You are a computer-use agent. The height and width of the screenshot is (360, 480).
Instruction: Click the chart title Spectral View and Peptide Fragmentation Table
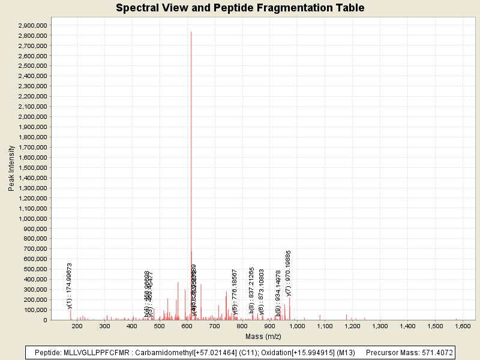pos(240,8)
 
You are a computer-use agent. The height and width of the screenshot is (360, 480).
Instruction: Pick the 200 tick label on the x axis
pos(77,326)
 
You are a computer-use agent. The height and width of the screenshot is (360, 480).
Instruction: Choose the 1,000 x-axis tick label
pos(297,326)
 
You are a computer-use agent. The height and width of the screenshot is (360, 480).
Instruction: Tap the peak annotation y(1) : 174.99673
pos(70,285)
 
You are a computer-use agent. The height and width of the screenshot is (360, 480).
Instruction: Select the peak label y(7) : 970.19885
pos(289,273)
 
